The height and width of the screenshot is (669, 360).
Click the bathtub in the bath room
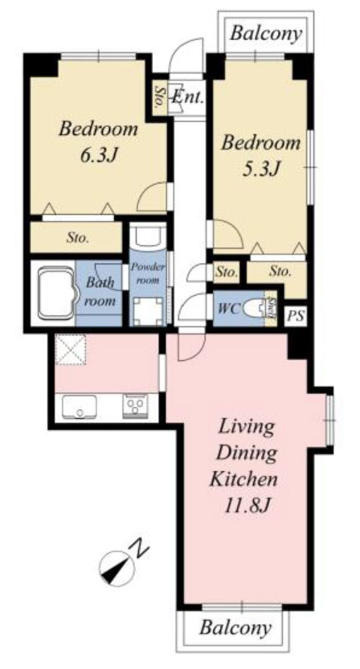coord(55,293)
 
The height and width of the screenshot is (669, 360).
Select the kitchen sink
coord(80,407)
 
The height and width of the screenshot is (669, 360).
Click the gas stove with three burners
coord(135,406)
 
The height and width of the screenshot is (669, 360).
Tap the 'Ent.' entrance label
coord(188,97)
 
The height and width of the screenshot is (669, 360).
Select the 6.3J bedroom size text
coord(99,155)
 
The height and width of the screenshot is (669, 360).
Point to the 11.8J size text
coord(247,506)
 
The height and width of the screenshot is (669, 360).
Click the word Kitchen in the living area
coord(243,479)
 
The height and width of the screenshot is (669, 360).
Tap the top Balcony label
coord(266,33)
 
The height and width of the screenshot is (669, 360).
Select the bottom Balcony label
coord(235,627)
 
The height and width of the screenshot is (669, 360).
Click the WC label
coord(229,309)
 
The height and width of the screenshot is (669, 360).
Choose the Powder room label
coord(148,273)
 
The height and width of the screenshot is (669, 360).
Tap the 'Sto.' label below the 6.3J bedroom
coord(78,238)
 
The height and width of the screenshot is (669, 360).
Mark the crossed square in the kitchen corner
coord(71,350)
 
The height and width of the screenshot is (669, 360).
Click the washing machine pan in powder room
coord(148,311)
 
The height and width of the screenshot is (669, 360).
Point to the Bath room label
coord(100,292)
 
